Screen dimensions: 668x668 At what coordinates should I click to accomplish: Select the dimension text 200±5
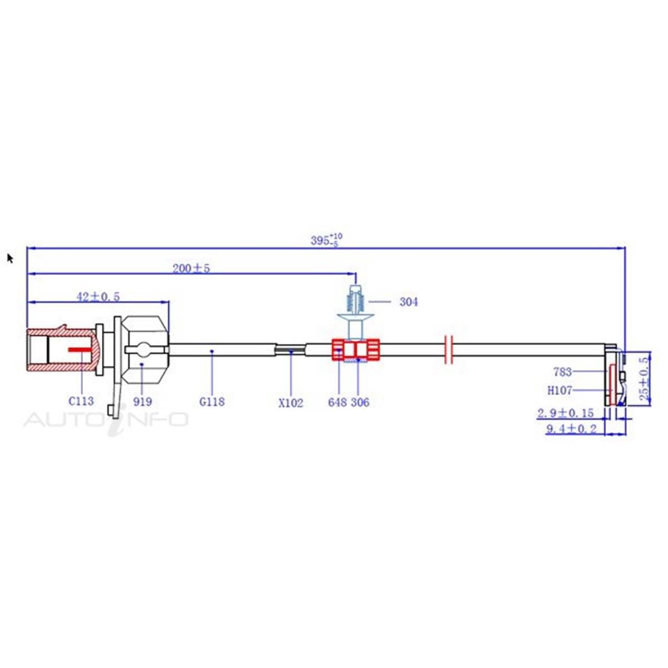[191, 268]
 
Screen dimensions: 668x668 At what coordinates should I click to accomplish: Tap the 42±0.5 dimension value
[98, 297]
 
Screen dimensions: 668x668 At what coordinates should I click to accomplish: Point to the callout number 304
[409, 302]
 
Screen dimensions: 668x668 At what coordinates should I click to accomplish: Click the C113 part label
[81, 400]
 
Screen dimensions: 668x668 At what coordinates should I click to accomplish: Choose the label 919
[143, 401]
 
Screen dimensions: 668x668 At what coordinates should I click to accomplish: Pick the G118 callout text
[212, 401]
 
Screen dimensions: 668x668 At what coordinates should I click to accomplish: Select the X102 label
[291, 402]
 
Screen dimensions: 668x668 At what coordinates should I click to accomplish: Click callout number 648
[337, 402]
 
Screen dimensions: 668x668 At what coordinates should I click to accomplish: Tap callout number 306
[360, 402]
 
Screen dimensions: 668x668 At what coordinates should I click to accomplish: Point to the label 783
[562, 372]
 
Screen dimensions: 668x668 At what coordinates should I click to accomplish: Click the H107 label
[560, 390]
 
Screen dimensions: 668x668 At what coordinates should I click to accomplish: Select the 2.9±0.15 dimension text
[565, 413]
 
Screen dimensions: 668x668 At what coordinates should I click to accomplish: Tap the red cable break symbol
[450, 350]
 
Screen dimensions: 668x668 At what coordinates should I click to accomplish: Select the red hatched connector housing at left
[61, 350]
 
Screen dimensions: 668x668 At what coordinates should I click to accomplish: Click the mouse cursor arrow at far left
[10, 258]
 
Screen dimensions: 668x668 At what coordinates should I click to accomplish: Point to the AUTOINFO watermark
[106, 419]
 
